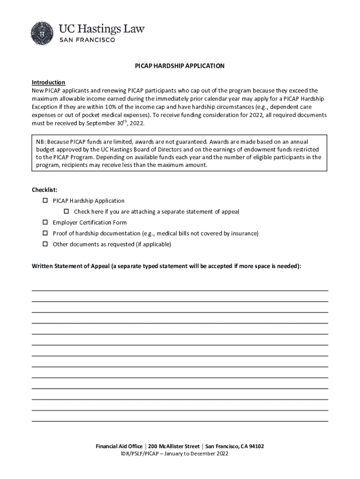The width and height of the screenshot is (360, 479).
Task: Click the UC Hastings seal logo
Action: (x=43, y=34)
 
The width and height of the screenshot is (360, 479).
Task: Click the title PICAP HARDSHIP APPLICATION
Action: (x=180, y=66)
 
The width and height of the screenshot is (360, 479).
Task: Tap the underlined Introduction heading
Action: (x=48, y=82)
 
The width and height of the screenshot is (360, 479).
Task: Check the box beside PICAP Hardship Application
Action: (x=46, y=201)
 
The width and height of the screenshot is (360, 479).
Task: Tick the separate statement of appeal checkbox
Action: (x=66, y=211)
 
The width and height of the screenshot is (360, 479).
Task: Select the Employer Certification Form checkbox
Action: (x=46, y=222)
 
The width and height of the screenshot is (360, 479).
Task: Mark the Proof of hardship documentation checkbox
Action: (x=46, y=233)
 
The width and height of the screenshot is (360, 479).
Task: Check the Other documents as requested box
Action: (x=46, y=244)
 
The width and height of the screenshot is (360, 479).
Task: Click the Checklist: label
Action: (x=44, y=189)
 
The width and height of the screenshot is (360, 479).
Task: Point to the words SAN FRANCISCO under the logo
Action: (x=86, y=40)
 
